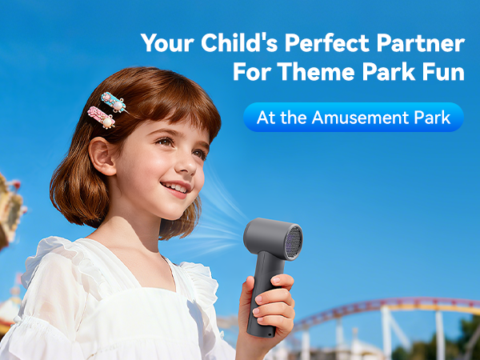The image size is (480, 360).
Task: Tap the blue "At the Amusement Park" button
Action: coord(353,118)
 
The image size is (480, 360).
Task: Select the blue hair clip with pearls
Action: coord(113,102)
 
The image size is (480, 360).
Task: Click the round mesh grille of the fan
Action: coord(293,242)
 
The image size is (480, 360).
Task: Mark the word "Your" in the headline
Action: coord(164,44)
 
